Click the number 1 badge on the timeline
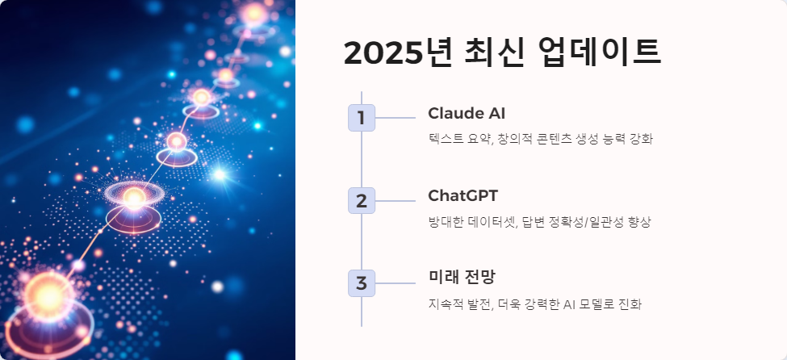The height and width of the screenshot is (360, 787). [362, 118]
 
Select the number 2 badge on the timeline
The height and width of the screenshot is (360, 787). [362, 200]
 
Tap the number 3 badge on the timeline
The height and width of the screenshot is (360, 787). [362, 283]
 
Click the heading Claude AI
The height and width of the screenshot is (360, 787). [467, 113]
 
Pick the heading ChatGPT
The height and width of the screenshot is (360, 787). [463, 195]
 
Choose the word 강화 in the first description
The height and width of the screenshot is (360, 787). [639, 139]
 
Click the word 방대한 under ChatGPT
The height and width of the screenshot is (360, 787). [446, 222]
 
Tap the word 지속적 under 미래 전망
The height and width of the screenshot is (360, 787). [446, 304]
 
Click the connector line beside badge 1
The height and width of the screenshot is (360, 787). [396, 118]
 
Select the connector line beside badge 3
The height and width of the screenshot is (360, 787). [396, 283]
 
